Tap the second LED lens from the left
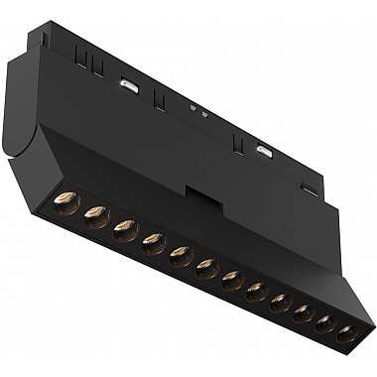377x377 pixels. click(96, 214)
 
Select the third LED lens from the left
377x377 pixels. click(124, 230)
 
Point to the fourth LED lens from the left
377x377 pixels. click(152, 242)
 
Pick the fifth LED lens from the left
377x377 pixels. click(180, 256)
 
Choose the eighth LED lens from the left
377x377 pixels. click(257, 292)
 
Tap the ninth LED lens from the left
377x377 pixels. click(281, 303)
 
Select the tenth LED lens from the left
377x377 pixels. click(303, 314)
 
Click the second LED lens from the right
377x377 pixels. click(324, 323)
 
